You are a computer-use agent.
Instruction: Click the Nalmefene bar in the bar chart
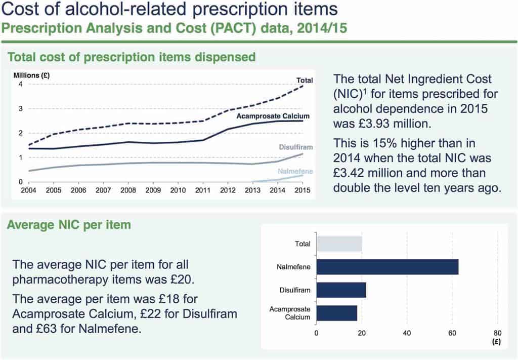click(387, 267)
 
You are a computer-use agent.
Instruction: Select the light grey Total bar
click(339, 244)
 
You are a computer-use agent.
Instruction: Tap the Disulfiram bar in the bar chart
click(341, 290)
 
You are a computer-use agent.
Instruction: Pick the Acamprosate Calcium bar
click(336, 313)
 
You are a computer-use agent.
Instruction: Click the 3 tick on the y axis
click(21, 108)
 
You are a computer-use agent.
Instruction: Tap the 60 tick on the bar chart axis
click(452, 333)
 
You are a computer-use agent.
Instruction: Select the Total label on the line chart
click(305, 80)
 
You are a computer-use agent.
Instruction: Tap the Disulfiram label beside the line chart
click(296, 147)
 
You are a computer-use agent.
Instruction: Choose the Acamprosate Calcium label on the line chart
click(273, 116)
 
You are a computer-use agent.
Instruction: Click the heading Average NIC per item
click(69, 225)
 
